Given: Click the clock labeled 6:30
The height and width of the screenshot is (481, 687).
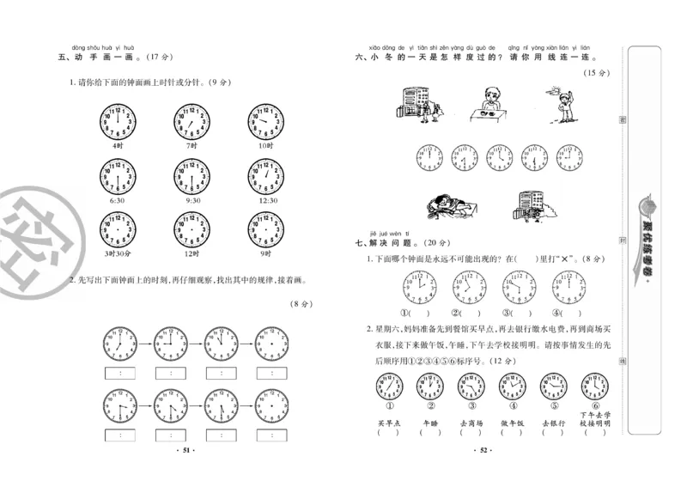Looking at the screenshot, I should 119,178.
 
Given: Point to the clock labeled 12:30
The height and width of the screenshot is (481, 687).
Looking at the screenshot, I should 264,178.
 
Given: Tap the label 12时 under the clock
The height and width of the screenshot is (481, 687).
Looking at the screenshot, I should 192,253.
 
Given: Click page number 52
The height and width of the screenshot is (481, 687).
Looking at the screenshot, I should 483,450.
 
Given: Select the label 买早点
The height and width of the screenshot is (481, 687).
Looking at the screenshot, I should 388,423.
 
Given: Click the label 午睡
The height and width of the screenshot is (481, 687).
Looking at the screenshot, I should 429,423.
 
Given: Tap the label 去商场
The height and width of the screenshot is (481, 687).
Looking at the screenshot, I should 471,423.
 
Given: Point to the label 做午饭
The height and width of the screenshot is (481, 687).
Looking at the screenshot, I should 513,423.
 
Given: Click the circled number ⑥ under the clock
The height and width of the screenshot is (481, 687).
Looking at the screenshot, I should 594,406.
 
